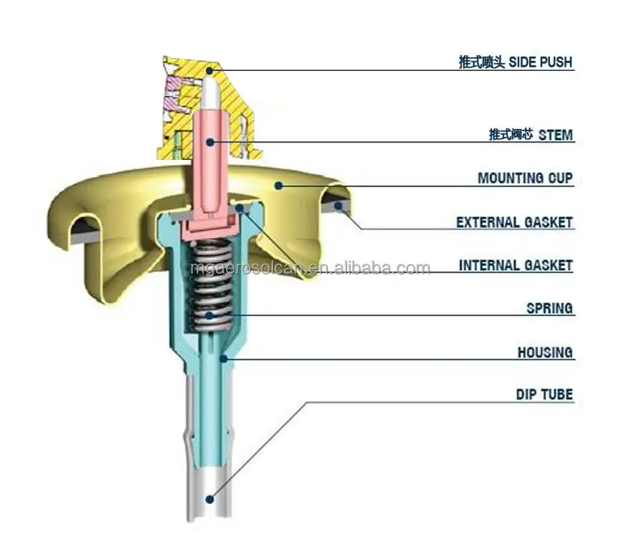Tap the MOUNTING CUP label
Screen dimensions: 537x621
pos(525,178)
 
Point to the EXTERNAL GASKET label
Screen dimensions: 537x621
pos(514,222)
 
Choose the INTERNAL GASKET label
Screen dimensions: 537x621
pos(516,266)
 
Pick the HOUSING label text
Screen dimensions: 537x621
pos(545,353)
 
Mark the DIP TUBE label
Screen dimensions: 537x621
pos(544,394)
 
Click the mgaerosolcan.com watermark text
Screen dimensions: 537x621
pos(310,269)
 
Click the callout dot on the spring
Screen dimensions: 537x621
pos(210,314)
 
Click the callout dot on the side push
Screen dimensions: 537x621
pos(209,70)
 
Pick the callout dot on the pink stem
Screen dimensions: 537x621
pos(210,141)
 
